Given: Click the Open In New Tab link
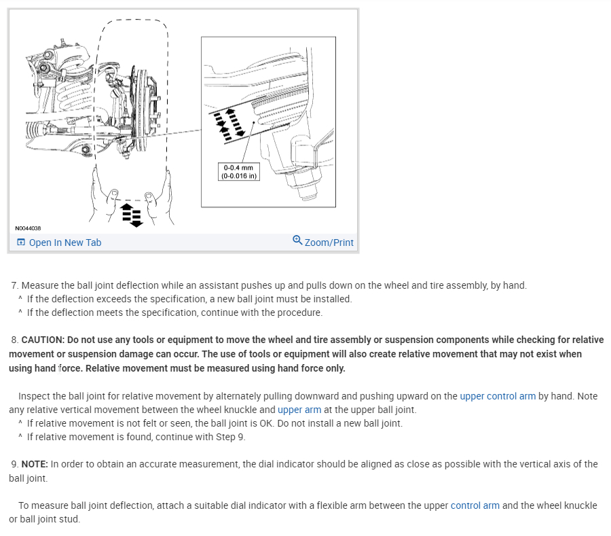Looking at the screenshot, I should tap(64, 243).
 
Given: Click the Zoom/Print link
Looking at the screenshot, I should tap(329, 243).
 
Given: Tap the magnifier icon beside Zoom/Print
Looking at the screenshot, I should tap(297, 240).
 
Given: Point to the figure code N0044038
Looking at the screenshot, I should tap(28, 229).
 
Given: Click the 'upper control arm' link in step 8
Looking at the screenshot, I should tap(498, 396).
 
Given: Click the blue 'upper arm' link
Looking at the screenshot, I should tap(299, 410).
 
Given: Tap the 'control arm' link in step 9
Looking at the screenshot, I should tap(475, 505).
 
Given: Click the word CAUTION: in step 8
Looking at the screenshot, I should tap(44, 340).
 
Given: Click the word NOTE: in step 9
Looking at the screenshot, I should tap(35, 464).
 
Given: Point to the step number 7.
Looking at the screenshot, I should tap(14, 285).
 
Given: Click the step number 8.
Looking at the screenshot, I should tap(14, 340).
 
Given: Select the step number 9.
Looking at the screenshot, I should tap(14, 464).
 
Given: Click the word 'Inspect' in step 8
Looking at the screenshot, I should tap(33, 396).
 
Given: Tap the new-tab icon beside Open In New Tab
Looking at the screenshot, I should tap(21, 243).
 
